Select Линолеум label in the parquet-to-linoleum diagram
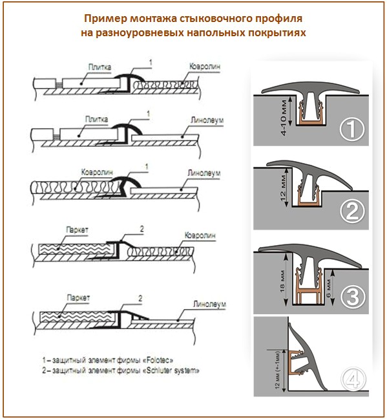[206, 303]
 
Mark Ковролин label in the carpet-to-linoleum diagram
[97, 173]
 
